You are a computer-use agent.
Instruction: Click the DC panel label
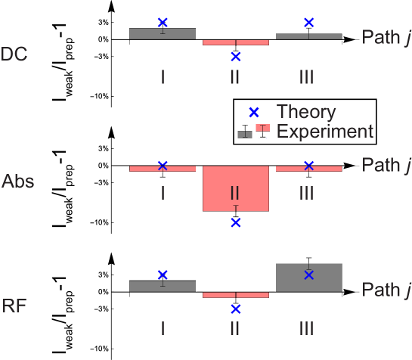pos(17,54)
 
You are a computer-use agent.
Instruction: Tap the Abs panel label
pos(18,182)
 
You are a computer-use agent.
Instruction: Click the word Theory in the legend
pos(306,112)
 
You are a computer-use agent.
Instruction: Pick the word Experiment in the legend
pos(325,132)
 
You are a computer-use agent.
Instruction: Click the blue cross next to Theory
pos(254,112)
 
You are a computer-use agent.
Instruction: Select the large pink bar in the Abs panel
pos(235,189)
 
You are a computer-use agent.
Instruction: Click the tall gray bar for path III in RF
pos(308,277)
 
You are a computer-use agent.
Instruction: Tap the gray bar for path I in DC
pos(163,33)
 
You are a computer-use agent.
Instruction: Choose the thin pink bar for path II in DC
pos(235,42)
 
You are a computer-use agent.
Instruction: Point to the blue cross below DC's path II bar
pos(235,57)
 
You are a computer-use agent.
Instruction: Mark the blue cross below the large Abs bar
pos(235,222)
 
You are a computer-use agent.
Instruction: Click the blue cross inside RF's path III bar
pos(308,275)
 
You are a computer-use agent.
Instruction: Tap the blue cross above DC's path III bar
pos(308,22)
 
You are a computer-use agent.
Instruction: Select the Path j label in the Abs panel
pos(386,165)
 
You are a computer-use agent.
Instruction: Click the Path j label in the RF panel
pos(386,290)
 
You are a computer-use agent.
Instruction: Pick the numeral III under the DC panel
pos(306,76)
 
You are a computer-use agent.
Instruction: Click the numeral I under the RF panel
pos(163,328)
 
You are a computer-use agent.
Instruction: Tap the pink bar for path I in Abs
pos(163,169)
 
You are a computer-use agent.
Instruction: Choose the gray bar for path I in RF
pos(163,286)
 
